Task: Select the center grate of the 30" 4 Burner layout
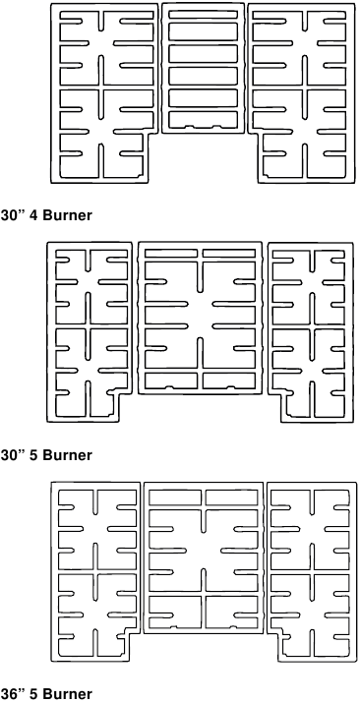tap(205, 69)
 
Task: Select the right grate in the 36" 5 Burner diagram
tap(311, 565)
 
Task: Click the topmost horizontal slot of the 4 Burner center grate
tap(205, 13)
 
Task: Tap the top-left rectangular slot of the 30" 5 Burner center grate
tap(171, 254)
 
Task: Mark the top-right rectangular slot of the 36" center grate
tap(233, 497)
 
